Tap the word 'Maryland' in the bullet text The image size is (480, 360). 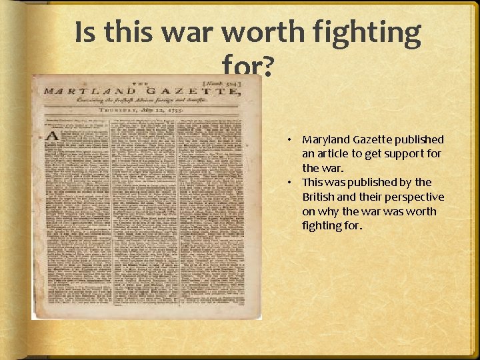[x=325, y=140]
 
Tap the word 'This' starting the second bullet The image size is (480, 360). [x=313, y=182]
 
